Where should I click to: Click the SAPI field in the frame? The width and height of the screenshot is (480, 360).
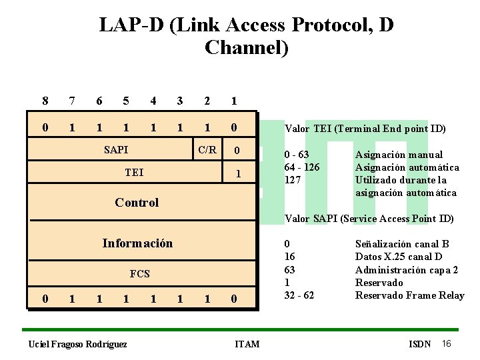(116, 150)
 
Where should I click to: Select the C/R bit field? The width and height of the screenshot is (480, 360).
(207, 149)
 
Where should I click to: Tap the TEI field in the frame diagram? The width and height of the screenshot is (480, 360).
(134, 173)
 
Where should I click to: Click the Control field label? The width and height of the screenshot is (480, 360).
(137, 202)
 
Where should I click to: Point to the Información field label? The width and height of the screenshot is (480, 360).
(137, 243)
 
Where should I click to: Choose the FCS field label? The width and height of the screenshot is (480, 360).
(139, 273)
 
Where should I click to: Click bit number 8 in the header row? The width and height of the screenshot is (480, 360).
(45, 101)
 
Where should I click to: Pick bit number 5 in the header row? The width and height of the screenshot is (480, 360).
(126, 101)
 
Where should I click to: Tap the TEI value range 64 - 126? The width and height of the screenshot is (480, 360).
(301, 167)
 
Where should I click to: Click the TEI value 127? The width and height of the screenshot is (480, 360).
(292, 180)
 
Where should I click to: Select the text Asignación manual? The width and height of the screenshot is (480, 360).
(399, 155)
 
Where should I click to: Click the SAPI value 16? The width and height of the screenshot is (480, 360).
(290, 257)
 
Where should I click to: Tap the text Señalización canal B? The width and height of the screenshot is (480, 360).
(403, 244)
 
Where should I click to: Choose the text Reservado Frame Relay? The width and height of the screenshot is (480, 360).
(410, 295)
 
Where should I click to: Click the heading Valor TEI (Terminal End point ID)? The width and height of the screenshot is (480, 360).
(365, 129)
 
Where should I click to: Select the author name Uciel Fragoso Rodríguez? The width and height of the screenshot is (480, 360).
(77, 344)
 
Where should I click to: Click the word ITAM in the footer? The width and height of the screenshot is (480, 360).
(247, 344)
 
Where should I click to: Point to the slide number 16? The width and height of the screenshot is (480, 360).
(447, 343)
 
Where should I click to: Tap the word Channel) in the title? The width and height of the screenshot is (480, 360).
(247, 48)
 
